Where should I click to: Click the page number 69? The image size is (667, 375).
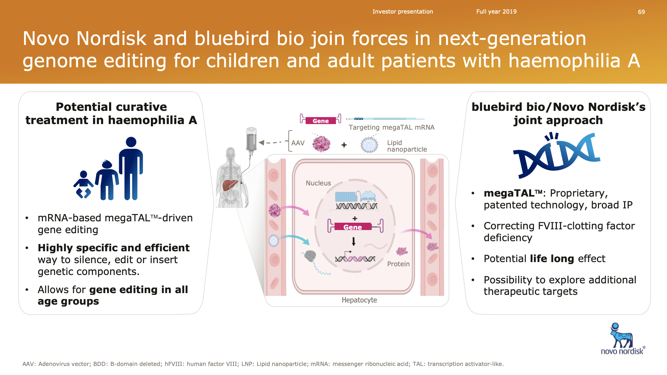tap(641, 12)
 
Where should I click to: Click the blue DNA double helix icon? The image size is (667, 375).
tap(557, 155)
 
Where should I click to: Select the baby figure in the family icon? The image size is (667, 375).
tap(83, 184)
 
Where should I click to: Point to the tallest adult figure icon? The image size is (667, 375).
tap(131, 168)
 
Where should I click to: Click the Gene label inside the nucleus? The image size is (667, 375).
tap(353, 227)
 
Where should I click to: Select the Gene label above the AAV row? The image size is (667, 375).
tap(321, 121)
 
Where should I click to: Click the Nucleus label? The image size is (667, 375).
tap(318, 183)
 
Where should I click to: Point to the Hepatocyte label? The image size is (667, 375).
tap(359, 300)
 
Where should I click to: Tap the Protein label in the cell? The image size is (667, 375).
tap(398, 264)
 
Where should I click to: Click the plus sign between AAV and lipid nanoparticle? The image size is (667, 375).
tap(344, 145)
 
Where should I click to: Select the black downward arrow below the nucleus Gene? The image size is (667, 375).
tap(354, 242)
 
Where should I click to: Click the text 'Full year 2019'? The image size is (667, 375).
tap(496, 12)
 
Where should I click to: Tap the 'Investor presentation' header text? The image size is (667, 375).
tap(402, 12)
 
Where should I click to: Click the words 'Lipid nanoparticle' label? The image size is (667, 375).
tap(407, 146)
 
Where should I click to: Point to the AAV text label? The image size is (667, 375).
tap(298, 143)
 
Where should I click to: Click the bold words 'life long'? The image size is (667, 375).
tap(552, 259)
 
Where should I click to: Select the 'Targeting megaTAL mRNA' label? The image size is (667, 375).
tap(392, 128)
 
